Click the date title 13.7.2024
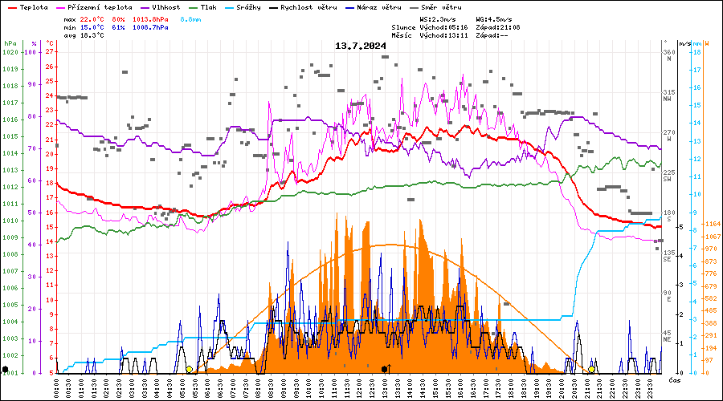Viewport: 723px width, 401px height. point(361,46)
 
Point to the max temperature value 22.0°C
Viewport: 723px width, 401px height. point(92,18)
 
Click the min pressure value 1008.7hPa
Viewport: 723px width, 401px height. point(151,27)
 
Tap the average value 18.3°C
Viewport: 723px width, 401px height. point(92,35)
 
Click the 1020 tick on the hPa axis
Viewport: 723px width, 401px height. point(10,52)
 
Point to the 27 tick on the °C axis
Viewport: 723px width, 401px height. point(50,52)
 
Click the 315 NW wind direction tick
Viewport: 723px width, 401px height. point(668,93)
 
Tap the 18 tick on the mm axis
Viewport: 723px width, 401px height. point(696,52)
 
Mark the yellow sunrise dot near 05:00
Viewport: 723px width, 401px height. point(190,369)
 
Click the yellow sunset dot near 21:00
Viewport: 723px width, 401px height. point(591,369)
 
